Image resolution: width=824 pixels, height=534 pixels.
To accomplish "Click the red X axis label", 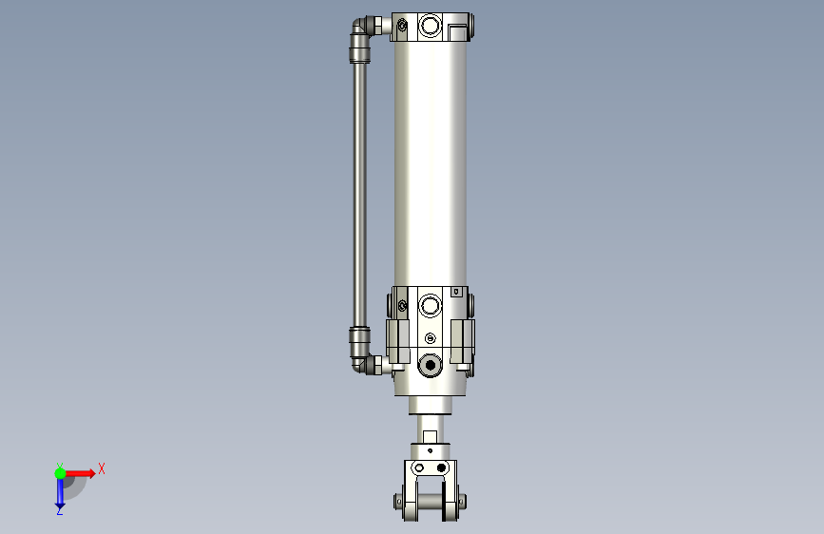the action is tap(102, 468).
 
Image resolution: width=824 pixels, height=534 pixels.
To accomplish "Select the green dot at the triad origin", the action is tap(61, 473).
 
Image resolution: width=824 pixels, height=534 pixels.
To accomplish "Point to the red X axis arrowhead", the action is tap(91, 473).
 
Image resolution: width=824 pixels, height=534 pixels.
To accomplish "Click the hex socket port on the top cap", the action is tap(430, 26).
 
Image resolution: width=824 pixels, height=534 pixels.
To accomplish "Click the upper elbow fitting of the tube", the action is tap(360, 29).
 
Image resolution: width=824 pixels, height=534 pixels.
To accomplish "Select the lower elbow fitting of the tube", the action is tap(360, 362).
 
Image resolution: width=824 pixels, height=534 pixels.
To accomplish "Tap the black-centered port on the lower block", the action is tap(430, 364).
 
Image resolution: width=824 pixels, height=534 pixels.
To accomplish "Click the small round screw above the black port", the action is tap(430, 338).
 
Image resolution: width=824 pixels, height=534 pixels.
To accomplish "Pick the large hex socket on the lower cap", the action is tap(430, 305).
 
